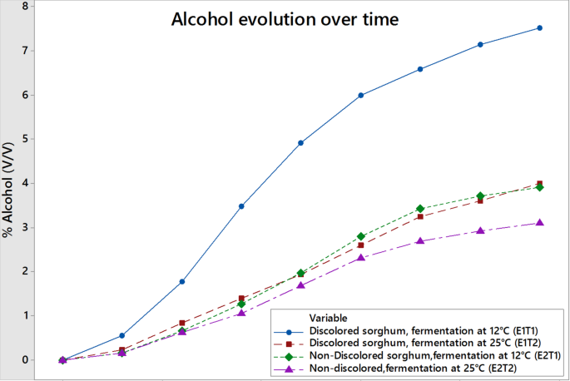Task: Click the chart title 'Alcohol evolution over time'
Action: click(x=285, y=19)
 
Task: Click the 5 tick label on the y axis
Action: click(x=25, y=139)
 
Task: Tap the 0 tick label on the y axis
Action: click(x=25, y=359)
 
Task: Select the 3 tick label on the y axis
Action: click(x=25, y=227)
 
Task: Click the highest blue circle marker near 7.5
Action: click(x=539, y=28)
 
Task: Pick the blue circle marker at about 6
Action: click(x=360, y=96)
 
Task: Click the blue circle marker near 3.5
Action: click(x=241, y=206)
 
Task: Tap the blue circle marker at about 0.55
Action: click(x=122, y=336)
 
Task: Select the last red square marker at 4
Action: click(x=539, y=184)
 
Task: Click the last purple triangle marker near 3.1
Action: click(x=539, y=222)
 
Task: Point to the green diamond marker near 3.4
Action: click(x=420, y=209)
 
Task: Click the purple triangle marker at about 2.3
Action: click(x=360, y=257)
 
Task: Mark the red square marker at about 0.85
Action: click(x=182, y=323)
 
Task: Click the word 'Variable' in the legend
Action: click(x=328, y=318)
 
